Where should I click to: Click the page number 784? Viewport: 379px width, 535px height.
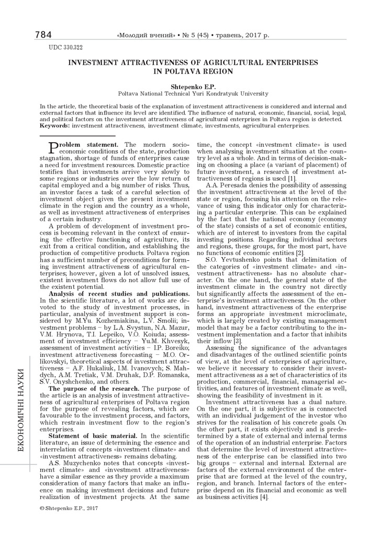(43, 35)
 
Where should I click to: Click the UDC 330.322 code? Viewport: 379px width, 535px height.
(65, 48)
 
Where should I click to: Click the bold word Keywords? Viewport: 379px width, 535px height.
(55, 125)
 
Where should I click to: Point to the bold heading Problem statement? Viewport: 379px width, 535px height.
(87, 144)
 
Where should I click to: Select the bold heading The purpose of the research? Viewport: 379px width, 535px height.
(94, 389)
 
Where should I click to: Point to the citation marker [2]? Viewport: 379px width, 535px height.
(298, 253)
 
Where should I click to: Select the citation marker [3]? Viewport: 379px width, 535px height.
(223, 341)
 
